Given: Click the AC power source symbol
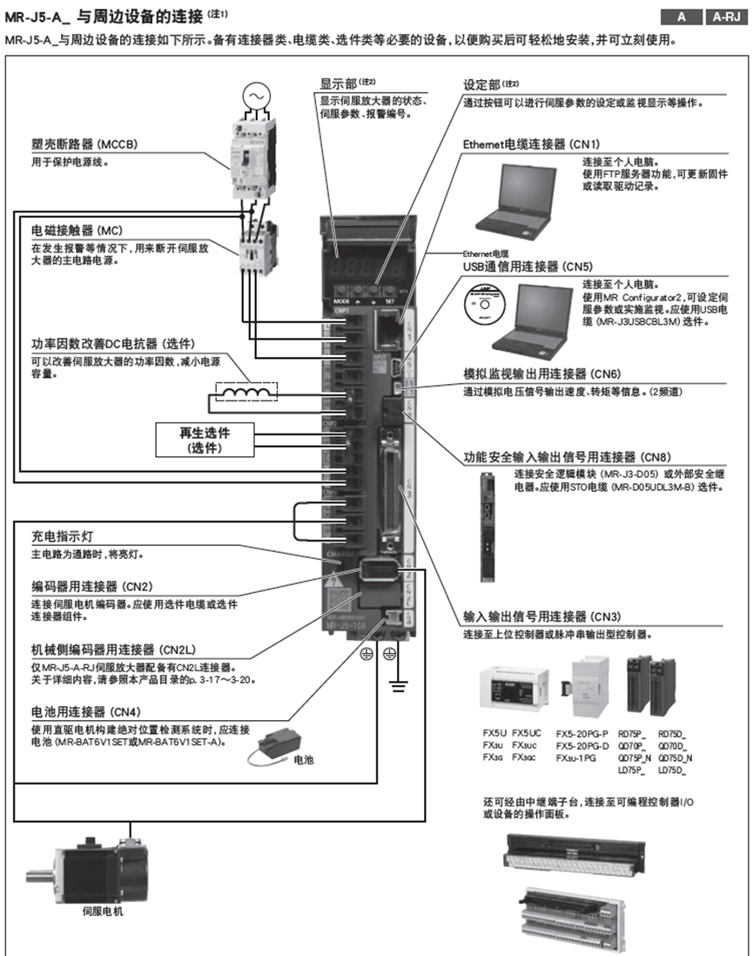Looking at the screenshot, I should coord(257,94).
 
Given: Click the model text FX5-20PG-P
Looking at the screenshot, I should coord(582,733).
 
